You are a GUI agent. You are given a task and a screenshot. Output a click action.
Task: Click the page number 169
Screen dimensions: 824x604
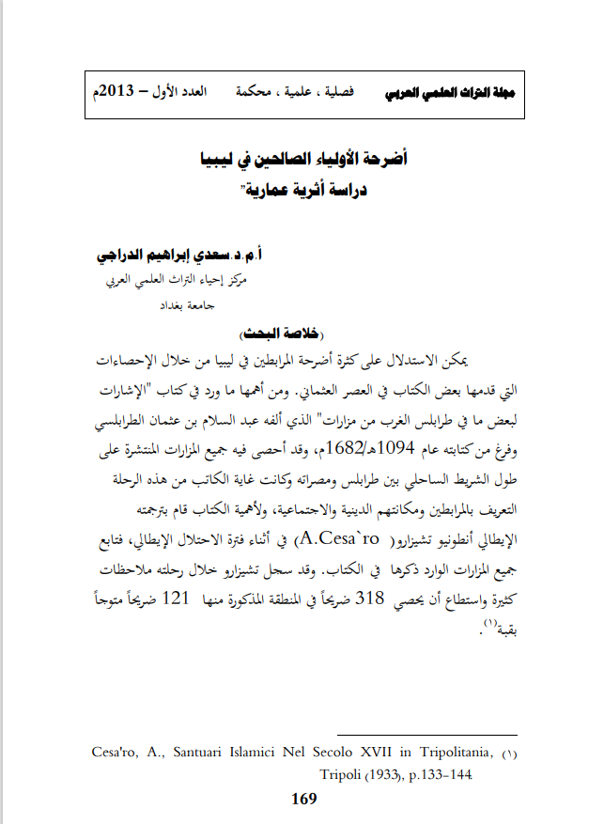click(x=304, y=800)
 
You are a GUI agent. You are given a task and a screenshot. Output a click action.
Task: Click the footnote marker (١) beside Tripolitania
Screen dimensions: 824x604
click(x=509, y=754)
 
